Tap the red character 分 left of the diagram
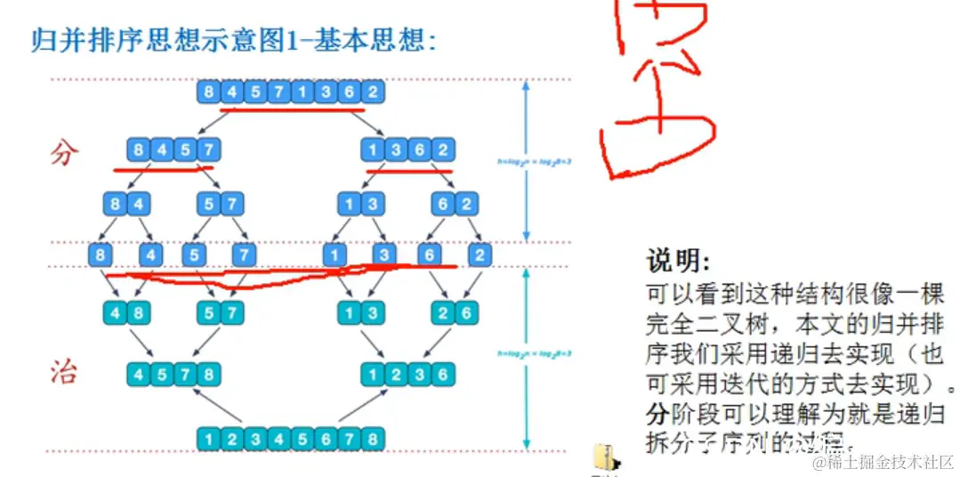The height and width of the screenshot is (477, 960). pyautogui.click(x=64, y=152)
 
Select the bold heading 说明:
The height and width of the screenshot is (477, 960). pyautogui.click(x=679, y=261)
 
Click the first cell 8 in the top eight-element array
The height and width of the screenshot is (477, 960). pyautogui.click(x=208, y=92)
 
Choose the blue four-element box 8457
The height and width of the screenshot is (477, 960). pyautogui.click(x=173, y=150)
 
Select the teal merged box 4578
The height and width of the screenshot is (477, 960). pyautogui.click(x=173, y=374)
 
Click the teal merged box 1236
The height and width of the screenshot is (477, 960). pyautogui.click(x=407, y=374)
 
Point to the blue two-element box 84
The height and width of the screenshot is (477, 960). pyautogui.click(x=126, y=205)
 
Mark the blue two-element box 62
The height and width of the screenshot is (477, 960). pyautogui.click(x=454, y=205)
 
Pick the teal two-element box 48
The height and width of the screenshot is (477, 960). pyautogui.click(x=126, y=313)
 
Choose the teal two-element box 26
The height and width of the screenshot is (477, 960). pyautogui.click(x=454, y=313)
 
